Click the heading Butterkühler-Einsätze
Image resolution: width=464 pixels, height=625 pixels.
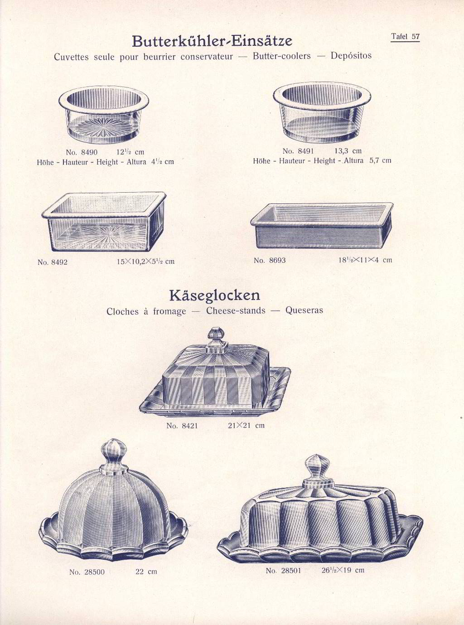[x=212, y=41]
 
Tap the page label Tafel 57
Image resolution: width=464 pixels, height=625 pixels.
[x=405, y=37]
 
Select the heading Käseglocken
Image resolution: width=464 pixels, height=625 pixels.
[x=214, y=296]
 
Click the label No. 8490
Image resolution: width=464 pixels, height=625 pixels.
[x=82, y=152]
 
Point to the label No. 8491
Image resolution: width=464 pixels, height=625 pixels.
[x=298, y=151]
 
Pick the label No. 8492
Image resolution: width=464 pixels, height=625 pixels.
[x=53, y=262]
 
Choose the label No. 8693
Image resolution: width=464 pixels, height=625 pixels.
[x=270, y=260]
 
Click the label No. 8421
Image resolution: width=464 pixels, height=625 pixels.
[x=182, y=426]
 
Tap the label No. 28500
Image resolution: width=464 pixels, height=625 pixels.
[x=87, y=572]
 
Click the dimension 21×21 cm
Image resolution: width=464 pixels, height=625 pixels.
[x=246, y=426]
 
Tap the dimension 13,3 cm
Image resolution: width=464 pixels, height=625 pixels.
[x=348, y=151]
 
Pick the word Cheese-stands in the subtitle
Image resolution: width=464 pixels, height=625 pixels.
[x=236, y=311]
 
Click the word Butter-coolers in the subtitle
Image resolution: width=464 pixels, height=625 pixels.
[x=282, y=56]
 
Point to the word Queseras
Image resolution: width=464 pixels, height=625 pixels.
[x=304, y=311]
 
